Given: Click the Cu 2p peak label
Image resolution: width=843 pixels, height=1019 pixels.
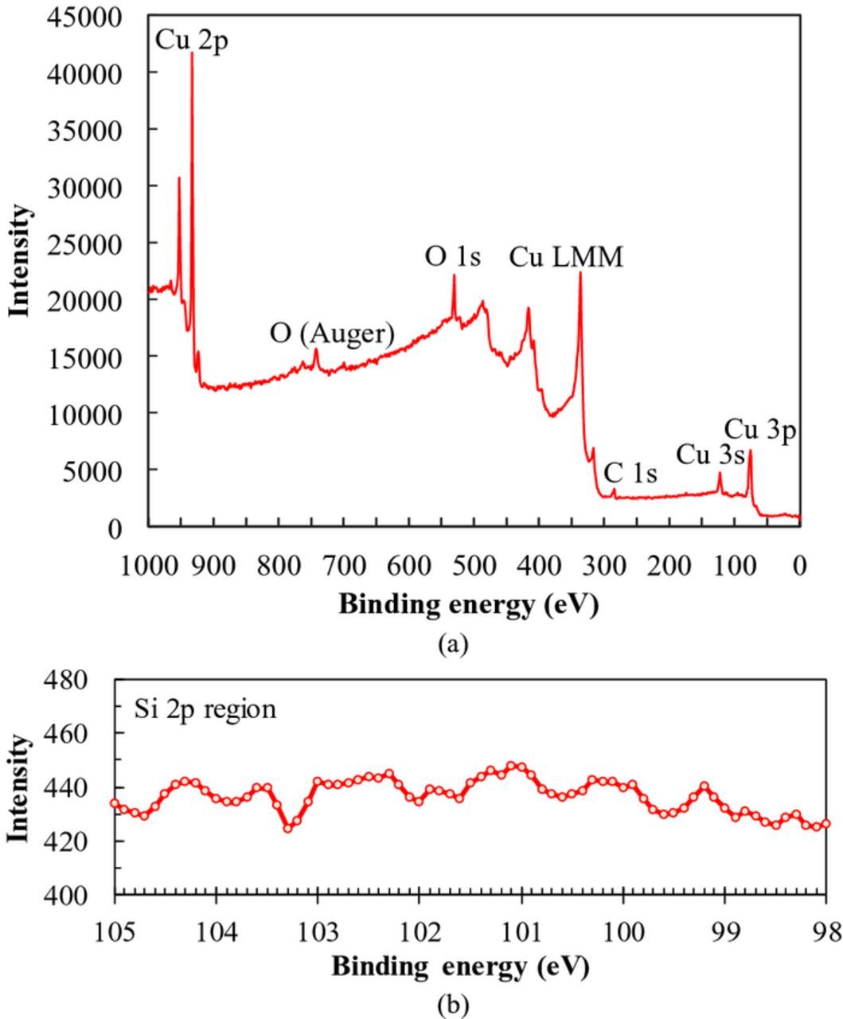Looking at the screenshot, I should tap(191, 40).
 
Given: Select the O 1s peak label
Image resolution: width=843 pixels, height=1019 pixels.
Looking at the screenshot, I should tap(453, 257).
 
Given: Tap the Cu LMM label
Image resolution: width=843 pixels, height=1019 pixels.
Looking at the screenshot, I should tap(566, 257).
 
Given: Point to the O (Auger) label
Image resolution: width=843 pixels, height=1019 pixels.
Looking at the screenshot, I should tap(332, 334).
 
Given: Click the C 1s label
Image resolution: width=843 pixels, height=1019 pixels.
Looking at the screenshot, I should tap(630, 474).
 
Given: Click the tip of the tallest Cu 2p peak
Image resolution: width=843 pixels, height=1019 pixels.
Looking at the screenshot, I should tap(192, 53).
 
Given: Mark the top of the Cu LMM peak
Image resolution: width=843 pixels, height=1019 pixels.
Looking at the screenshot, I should tap(580, 273).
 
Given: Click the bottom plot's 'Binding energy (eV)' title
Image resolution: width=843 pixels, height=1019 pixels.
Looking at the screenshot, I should tap(460, 967).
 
